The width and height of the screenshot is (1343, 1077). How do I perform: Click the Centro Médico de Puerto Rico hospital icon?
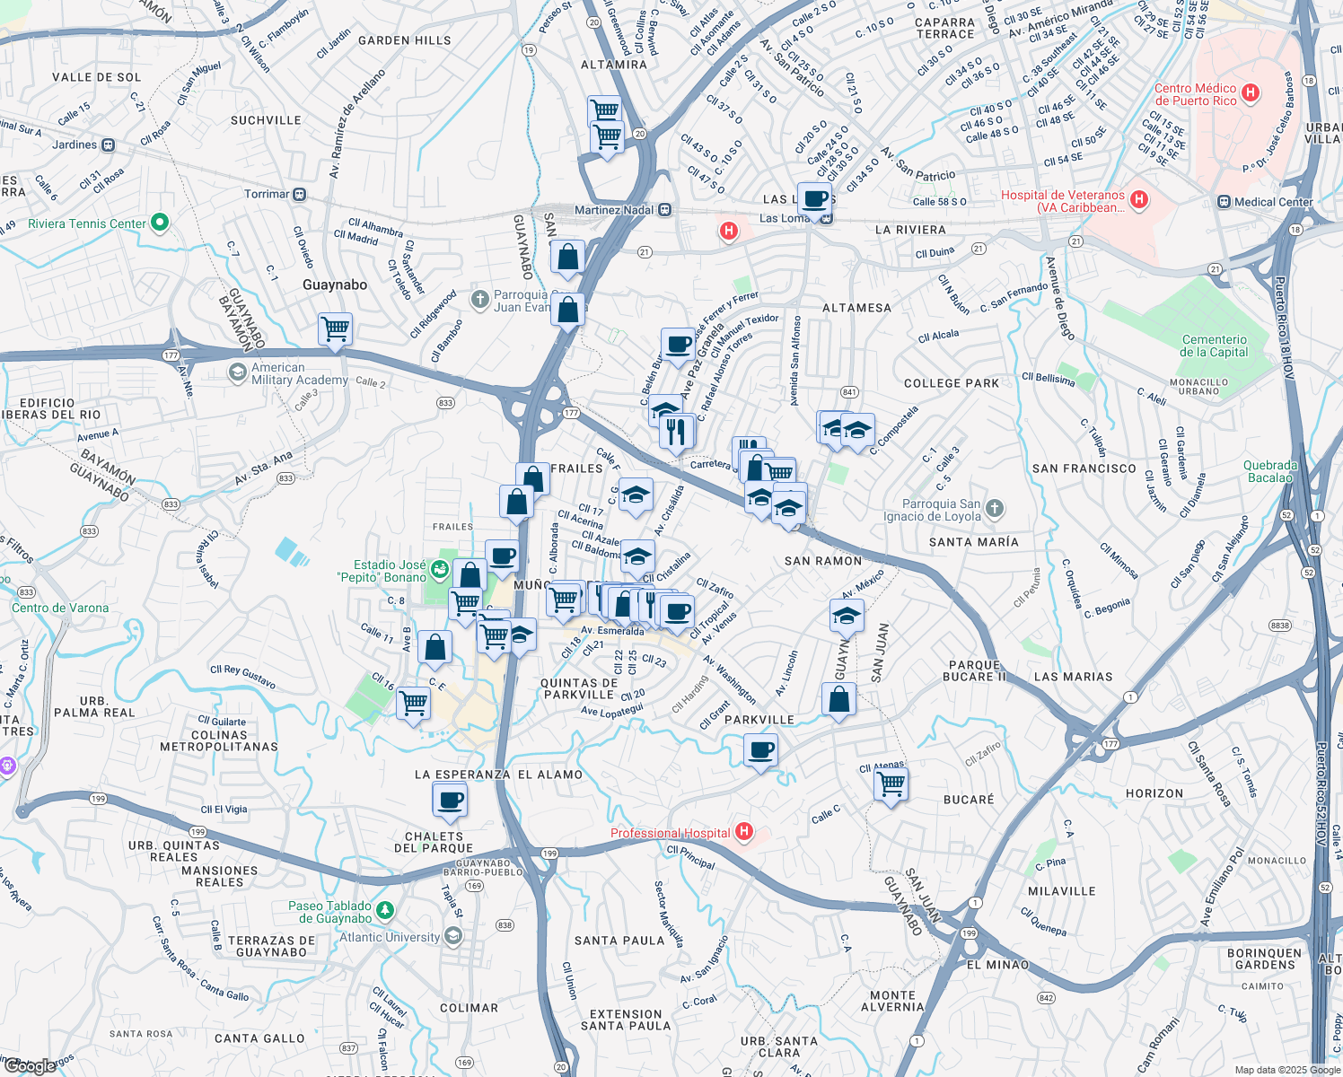tap(1251, 93)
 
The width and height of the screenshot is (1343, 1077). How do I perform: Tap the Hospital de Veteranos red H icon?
tap(1139, 200)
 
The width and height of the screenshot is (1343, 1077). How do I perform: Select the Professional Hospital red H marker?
tap(743, 832)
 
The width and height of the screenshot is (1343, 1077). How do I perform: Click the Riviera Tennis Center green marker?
tap(160, 223)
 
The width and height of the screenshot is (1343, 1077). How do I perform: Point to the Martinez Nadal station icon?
tap(664, 210)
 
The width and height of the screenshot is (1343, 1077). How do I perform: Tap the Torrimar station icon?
tap(300, 194)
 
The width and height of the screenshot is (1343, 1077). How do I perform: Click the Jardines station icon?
tap(108, 144)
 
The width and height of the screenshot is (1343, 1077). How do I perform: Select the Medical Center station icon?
tap(1223, 202)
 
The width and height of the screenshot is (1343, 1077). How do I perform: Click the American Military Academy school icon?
tap(237, 372)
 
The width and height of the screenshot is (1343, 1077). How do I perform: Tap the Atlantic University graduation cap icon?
tap(453, 937)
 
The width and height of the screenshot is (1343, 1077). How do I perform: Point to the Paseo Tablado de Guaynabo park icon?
tap(385, 911)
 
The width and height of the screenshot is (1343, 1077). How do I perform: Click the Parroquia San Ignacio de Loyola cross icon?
tap(994, 509)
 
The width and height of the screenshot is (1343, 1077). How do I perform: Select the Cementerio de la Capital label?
tap(1214, 346)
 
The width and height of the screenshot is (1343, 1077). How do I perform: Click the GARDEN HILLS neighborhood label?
tap(404, 40)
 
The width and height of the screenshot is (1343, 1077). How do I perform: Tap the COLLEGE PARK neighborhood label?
tap(952, 383)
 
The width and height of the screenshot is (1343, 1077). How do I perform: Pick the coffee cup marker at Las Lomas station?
tap(814, 199)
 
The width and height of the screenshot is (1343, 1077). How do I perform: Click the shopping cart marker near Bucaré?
tap(891, 784)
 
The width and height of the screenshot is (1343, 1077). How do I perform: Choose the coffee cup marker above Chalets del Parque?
tap(450, 799)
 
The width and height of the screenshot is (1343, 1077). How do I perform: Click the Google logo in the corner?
tap(30, 1066)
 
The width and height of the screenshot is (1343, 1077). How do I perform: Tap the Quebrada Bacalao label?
tap(1269, 471)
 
